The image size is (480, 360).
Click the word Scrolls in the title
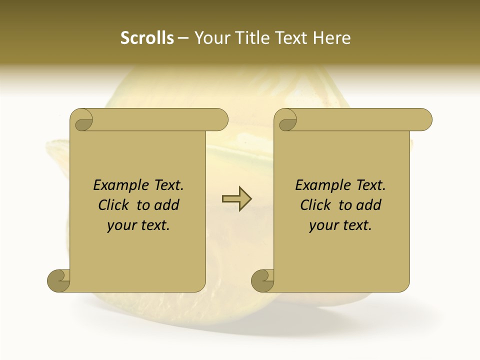(147, 38)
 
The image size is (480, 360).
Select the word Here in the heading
(331, 38)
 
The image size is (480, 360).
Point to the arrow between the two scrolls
(236, 198)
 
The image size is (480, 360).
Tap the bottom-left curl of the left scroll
(59, 280)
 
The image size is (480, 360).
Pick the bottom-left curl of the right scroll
(263, 280)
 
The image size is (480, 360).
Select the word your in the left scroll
(121, 225)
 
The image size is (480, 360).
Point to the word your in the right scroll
(323, 225)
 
